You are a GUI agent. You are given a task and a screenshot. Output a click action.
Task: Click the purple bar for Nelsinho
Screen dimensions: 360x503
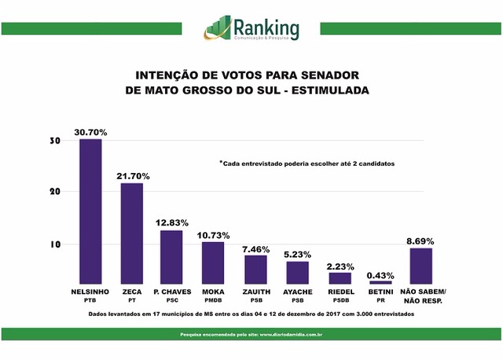coord(90,211)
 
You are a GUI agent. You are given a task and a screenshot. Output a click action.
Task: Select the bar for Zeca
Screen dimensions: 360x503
coord(131,233)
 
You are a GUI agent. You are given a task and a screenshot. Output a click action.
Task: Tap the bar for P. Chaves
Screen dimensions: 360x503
coord(171,256)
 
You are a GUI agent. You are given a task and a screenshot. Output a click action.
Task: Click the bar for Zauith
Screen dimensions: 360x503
coord(255,269)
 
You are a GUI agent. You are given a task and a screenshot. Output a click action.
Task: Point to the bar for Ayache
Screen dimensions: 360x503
coord(297,272)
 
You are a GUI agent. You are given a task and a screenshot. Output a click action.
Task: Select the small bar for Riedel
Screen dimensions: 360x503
coord(340,277)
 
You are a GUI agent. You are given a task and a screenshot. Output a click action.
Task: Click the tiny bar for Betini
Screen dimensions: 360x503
coord(380,281)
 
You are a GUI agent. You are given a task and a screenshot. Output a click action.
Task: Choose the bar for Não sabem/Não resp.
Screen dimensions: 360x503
coord(420,266)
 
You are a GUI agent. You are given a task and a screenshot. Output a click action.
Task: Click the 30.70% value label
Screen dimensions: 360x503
coord(90,131)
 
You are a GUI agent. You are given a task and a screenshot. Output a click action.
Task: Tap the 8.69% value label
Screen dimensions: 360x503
coord(420,241)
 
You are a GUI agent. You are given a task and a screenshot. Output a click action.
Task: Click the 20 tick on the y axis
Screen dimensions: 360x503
coord(54,192)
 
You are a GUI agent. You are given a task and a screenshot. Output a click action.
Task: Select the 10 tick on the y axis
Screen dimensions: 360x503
coord(54,244)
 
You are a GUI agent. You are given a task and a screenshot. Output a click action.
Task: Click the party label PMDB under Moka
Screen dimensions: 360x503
coord(212,300)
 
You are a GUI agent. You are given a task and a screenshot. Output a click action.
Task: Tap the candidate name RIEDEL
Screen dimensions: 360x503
coord(340,292)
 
